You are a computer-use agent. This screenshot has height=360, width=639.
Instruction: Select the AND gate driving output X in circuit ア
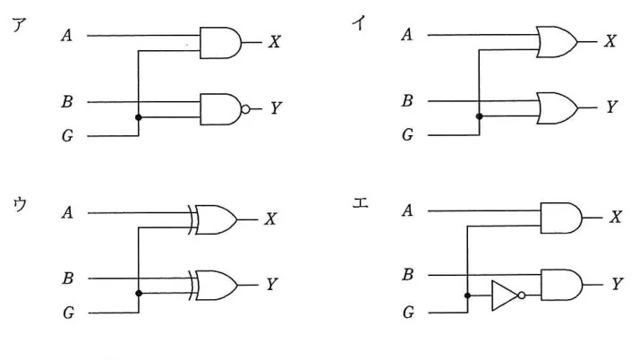pos(220,43)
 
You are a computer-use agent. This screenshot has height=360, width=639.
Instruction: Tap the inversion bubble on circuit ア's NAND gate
pos(245,109)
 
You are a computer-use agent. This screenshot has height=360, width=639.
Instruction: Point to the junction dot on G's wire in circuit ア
pos(139,117)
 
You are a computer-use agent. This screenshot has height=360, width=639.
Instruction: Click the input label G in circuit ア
pos(68,135)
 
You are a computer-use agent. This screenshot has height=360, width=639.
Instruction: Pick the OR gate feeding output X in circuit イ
pos(557,42)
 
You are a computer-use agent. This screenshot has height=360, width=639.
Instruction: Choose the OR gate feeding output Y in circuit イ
pos(557,108)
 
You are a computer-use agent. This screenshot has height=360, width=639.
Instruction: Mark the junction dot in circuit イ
pos(480,116)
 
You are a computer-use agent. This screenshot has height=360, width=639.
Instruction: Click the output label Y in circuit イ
pos(611,107)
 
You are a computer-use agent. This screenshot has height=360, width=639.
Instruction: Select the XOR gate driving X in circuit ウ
pos(213,219)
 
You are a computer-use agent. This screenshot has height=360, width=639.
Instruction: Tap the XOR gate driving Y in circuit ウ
pos(213,286)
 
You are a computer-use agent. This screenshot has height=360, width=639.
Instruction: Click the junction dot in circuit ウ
pos(139,293)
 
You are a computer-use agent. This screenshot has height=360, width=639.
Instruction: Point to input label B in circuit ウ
pos(68,278)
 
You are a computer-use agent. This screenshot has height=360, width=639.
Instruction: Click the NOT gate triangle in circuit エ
pos(505,296)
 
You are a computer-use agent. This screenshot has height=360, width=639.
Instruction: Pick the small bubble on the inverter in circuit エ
pos(522,296)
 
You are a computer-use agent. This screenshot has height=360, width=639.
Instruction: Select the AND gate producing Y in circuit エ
pos(561,285)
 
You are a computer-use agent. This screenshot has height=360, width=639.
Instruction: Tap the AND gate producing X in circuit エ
pos(561,219)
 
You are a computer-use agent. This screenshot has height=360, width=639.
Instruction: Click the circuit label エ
pos(361,202)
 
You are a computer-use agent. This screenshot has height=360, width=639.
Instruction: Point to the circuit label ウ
pos(20,203)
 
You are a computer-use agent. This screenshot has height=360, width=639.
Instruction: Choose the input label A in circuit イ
pos(407,35)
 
